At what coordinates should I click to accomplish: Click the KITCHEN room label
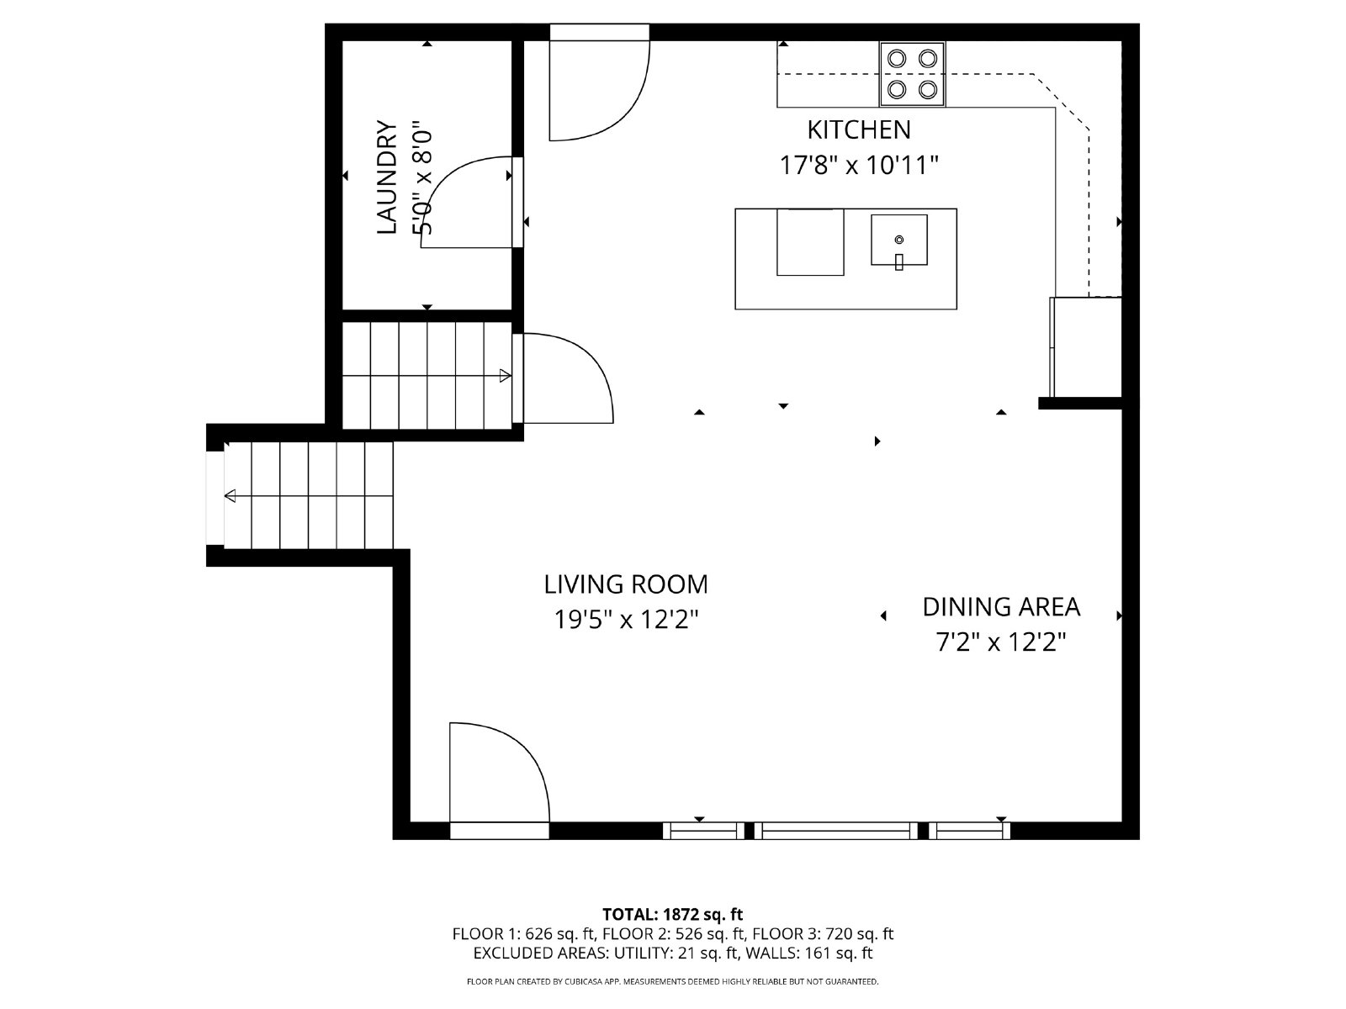pos(858,129)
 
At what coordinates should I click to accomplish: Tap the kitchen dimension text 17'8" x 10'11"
pos(858,165)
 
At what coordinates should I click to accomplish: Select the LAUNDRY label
pos(386,177)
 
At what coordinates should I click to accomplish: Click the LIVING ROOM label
pos(625,584)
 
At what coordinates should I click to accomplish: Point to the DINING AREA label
pos(1000,606)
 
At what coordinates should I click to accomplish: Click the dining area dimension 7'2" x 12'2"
pos(1000,642)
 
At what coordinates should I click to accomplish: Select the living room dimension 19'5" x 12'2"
pos(626,620)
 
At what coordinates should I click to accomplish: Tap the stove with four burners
pos(913,73)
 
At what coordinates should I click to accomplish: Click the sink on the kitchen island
pos(898,240)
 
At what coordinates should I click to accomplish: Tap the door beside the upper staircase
pos(565,378)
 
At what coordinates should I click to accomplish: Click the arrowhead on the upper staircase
pos(505,375)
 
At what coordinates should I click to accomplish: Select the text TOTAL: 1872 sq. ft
pos(672,914)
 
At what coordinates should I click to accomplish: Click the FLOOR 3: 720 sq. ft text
pos(822,933)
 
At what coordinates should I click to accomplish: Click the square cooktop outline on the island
pos(809,241)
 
